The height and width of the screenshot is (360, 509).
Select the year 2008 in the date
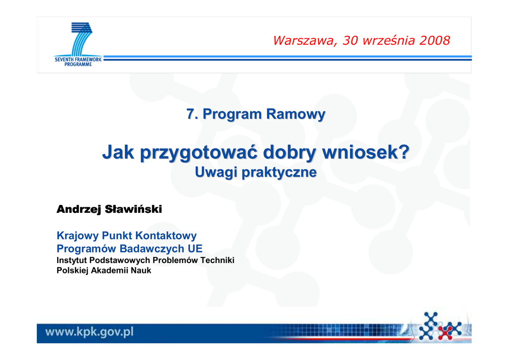tap(434, 40)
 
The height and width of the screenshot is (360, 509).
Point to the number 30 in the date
tap(350, 40)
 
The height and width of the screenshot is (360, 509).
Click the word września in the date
tap(389, 40)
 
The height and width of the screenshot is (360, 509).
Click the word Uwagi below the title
tap(216, 173)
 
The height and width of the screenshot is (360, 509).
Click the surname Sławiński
tap(133, 209)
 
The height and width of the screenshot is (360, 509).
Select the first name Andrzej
tap(79, 209)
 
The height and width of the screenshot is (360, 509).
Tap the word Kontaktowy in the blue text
tap(166, 235)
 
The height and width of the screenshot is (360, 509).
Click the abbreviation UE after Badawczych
tap(195, 249)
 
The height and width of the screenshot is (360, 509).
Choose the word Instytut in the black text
tap(72, 261)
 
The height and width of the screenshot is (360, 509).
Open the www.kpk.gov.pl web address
tap(89, 332)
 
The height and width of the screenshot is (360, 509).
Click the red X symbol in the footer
tap(446, 331)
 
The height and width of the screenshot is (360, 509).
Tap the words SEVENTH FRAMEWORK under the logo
tap(78, 59)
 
